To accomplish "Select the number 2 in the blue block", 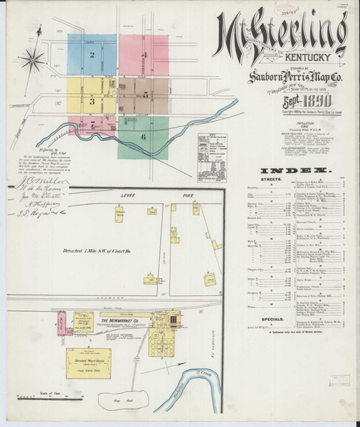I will point(92,55).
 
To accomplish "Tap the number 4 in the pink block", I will point(144,55).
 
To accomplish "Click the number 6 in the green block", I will point(144,136).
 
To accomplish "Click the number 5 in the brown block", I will point(145,93).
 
